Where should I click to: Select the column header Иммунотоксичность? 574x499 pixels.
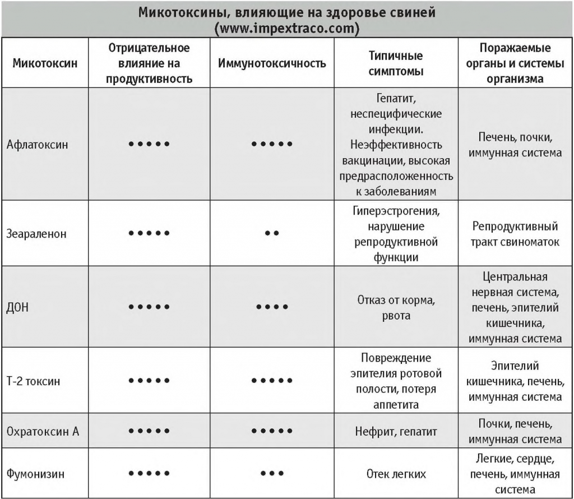click(272, 63)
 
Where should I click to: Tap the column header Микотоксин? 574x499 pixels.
click(45, 63)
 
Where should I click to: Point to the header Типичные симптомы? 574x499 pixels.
click(396, 63)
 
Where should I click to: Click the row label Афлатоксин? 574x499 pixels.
click(38, 144)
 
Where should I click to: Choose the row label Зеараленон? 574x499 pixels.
click(36, 233)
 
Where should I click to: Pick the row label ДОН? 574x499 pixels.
click(18, 307)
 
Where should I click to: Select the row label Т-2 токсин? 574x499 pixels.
click(34, 381)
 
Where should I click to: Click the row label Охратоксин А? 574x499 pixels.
click(43, 431)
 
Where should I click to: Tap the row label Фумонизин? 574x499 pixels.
click(35, 474)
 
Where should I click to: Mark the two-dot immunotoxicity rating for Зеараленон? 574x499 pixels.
click(272, 233)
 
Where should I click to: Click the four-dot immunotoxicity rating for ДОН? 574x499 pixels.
click(272, 307)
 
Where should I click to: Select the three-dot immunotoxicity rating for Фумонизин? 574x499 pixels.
click(272, 474)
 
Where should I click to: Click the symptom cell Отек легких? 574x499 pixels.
click(396, 474)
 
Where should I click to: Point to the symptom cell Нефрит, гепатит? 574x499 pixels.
click(396, 432)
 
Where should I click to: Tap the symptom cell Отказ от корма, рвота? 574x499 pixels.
click(396, 307)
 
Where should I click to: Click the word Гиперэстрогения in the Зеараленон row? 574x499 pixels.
click(396, 212)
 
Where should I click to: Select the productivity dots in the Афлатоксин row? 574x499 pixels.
click(149, 144)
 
